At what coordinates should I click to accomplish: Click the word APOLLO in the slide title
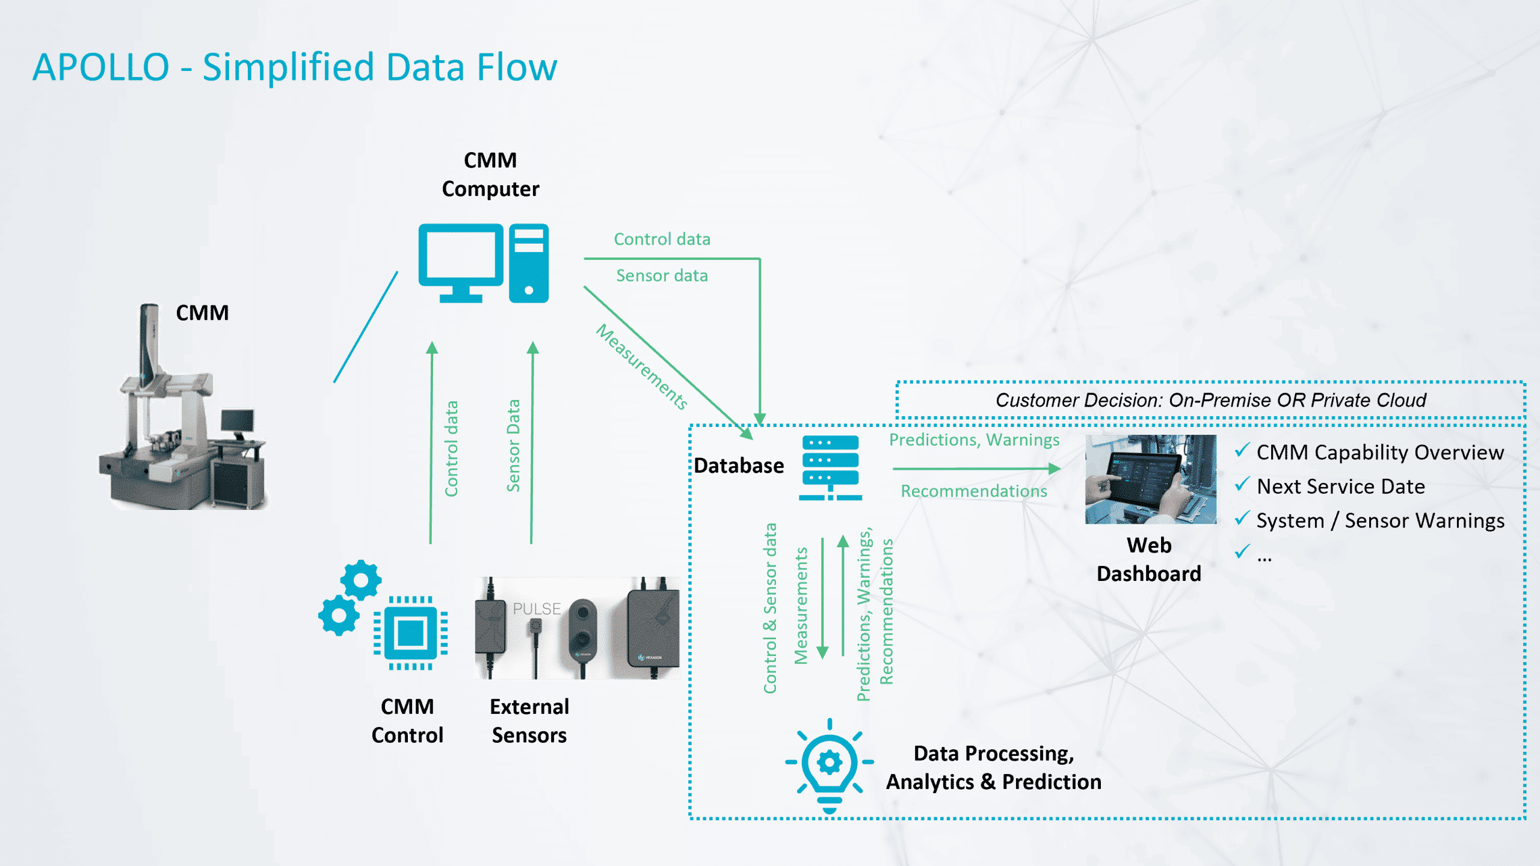(x=101, y=67)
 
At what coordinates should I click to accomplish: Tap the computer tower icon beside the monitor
(x=529, y=263)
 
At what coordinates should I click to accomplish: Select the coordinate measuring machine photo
(x=183, y=415)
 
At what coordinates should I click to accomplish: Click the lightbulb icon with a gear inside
(x=830, y=764)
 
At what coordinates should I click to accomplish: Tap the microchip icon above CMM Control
(x=410, y=633)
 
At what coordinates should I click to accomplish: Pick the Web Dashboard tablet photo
(x=1150, y=479)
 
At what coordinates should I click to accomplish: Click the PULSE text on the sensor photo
(x=537, y=609)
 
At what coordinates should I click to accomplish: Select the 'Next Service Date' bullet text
(x=1341, y=487)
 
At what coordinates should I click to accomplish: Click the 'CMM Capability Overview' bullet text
(x=1380, y=452)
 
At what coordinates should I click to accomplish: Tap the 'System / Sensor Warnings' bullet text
(x=1380, y=521)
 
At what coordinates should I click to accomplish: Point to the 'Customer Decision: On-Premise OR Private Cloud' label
(x=1210, y=400)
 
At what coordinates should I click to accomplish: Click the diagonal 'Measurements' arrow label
(x=642, y=367)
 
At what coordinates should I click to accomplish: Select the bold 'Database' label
(x=739, y=465)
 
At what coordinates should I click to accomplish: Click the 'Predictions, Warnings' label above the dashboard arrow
(x=974, y=440)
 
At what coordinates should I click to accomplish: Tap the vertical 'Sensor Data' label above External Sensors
(x=513, y=446)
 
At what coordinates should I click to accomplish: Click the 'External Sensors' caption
(x=529, y=720)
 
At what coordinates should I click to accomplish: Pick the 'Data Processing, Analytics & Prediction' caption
(x=994, y=767)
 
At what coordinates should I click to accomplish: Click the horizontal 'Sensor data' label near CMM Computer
(x=662, y=275)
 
